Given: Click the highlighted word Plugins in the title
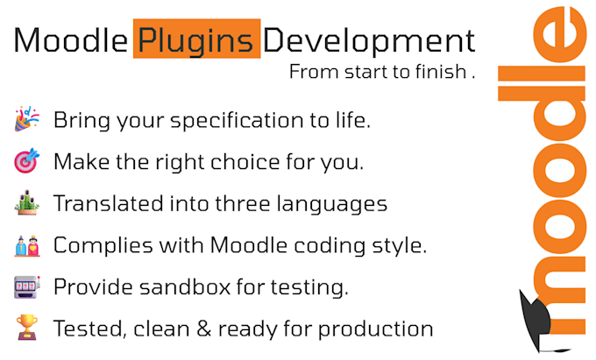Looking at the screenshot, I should [196, 40].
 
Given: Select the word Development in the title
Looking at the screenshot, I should [369, 40].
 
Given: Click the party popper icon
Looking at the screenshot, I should [25, 120].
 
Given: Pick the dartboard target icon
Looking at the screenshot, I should [25, 162].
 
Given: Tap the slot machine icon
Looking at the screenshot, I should [25, 287].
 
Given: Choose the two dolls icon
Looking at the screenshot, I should [25, 245].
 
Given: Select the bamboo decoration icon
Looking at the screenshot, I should [25, 203].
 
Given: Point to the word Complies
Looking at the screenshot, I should [95, 245].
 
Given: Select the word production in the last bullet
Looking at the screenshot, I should [385, 329].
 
